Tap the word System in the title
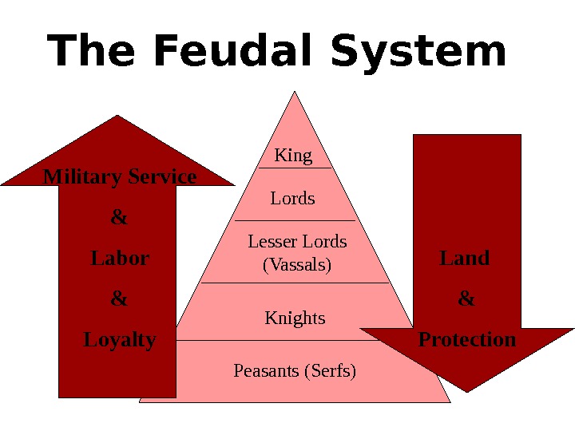click(418, 53)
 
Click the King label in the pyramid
click(293, 155)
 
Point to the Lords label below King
click(293, 198)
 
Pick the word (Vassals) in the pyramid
click(297, 264)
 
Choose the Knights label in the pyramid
click(295, 318)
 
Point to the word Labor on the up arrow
click(120, 259)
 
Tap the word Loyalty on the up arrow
click(120, 340)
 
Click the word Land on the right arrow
click(465, 258)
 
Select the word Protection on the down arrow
click(467, 340)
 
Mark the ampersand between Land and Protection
click(466, 299)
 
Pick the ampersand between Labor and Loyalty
click(119, 299)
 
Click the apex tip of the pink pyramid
click(295, 92)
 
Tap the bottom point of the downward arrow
click(466, 391)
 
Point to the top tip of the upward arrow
click(118, 117)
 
